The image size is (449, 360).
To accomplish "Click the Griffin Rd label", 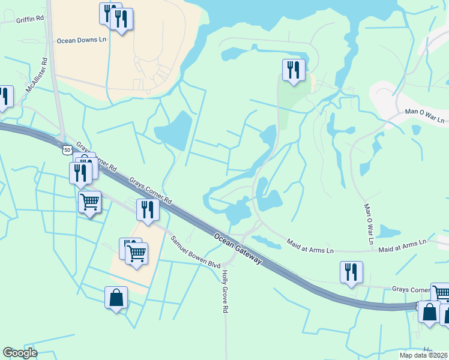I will (31, 19).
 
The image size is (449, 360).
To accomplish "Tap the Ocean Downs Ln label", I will (81, 41).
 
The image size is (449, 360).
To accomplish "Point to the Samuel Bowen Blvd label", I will (195, 252).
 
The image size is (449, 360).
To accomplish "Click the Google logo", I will (20, 353).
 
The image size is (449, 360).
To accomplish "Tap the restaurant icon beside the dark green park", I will (294, 70).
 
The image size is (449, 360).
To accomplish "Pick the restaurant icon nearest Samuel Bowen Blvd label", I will (147, 209).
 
